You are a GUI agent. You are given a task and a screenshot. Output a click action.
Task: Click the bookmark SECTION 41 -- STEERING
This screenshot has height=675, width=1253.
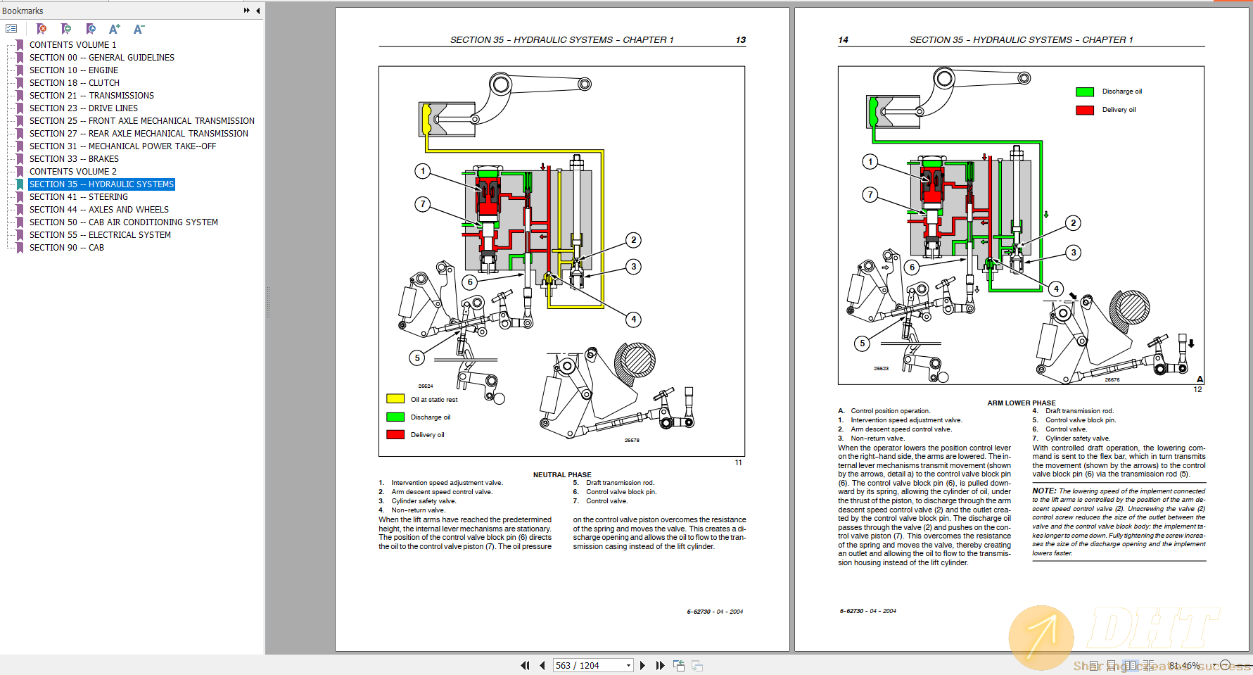click(78, 197)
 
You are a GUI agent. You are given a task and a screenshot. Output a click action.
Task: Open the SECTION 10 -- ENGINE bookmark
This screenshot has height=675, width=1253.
click(73, 70)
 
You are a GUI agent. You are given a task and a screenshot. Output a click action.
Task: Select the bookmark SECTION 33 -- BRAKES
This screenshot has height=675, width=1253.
click(73, 159)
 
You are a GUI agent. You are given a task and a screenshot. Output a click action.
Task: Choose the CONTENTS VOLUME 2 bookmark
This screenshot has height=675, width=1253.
click(72, 172)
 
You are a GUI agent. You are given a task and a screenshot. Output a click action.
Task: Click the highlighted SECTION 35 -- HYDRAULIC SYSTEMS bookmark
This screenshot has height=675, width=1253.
click(101, 184)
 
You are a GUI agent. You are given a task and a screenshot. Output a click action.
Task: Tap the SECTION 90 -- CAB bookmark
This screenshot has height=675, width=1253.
click(66, 248)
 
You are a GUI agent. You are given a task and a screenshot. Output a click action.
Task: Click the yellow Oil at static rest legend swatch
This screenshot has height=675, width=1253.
click(395, 399)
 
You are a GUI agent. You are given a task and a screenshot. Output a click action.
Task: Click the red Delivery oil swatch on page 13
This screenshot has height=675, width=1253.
click(395, 434)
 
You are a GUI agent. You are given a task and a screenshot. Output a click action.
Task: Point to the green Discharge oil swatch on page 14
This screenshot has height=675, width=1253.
click(1085, 92)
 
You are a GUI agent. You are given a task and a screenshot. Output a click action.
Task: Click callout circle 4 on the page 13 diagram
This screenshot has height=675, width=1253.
click(633, 320)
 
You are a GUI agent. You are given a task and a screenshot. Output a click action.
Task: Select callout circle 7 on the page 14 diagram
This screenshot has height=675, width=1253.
click(870, 194)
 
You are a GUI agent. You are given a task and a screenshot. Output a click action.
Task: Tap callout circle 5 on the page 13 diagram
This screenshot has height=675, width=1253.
click(417, 358)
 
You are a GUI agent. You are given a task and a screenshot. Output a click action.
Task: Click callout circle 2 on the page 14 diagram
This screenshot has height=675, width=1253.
click(1073, 223)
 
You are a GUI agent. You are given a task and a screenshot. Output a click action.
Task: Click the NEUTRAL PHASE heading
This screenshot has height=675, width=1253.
click(561, 474)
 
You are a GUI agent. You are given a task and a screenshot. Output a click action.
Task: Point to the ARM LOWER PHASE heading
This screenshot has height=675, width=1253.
click(1021, 403)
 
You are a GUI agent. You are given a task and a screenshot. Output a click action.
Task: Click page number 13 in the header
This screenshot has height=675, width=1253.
click(740, 40)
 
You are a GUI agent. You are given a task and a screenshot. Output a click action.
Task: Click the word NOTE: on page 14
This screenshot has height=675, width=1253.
click(1043, 491)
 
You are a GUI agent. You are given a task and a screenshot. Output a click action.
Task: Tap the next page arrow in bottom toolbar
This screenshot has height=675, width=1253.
click(642, 665)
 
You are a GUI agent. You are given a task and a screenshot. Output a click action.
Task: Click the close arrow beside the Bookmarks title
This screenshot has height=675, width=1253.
click(257, 11)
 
